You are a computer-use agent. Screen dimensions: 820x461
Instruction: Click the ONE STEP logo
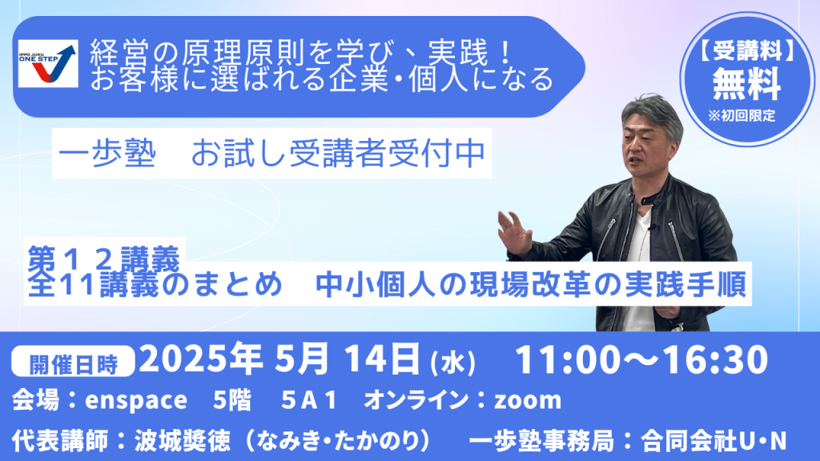tap(48, 63)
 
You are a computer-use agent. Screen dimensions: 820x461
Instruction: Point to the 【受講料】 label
tap(747, 51)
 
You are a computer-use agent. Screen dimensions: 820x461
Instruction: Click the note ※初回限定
tap(742, 115)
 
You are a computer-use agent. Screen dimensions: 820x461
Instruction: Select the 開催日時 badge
tap(73, 363)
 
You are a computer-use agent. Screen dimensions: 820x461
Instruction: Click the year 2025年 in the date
tap(201, 359)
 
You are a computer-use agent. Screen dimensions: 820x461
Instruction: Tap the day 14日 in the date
tap(382, 359)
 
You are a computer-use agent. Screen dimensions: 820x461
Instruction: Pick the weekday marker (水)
tap(453, 363)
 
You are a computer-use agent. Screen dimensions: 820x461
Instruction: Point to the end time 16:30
tap(716, 359)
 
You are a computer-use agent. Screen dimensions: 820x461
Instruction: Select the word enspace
tap(136, 401)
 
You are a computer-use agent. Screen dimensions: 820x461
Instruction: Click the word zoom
tap(528, 401)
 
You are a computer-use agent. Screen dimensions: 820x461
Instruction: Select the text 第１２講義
tap(104, 258)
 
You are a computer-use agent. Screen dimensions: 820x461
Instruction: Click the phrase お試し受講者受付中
tap(339, 154)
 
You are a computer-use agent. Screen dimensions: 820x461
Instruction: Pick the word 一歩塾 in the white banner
tap(107, 154)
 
